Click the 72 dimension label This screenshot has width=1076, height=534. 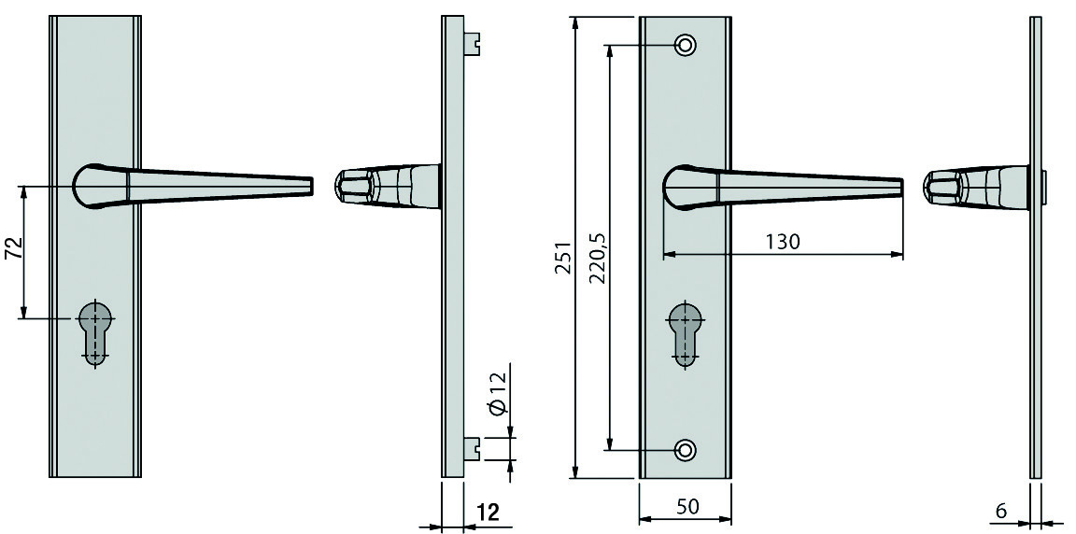(14, 248)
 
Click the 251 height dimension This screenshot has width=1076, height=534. (562, 258)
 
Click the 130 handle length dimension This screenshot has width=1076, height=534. (783, 241)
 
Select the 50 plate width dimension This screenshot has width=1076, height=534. (687, 507)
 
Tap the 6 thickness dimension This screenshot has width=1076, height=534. (1001, 511)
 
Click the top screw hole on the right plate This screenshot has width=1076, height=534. (685, 46)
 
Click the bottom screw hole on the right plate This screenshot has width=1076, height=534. (685, 450)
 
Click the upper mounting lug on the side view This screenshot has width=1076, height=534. (472, 43)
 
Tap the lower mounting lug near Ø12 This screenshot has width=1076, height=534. (472, 448)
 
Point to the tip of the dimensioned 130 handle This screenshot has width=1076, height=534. (900, 187)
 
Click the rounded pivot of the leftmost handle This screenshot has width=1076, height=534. (91, 186)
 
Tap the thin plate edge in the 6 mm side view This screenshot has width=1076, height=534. (1036, 246)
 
